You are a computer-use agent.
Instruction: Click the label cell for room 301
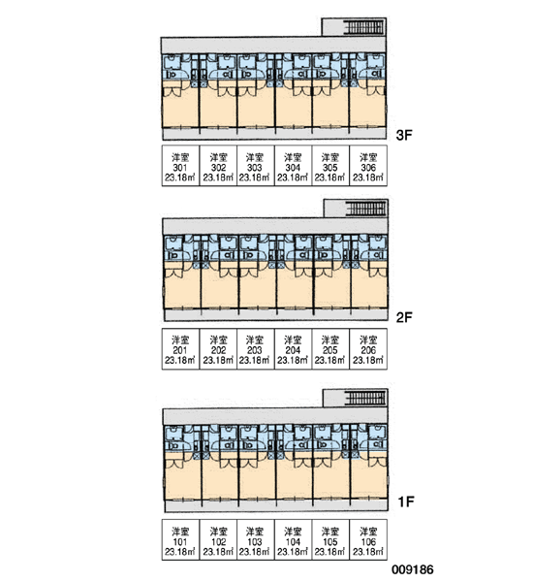(x=180, y=166)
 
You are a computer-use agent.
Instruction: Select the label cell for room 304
(x=293, y=166)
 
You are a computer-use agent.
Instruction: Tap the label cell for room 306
(x=368, y=166)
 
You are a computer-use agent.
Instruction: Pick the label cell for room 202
(x=218, y=349)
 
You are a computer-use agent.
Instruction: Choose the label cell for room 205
(x=330, y=349)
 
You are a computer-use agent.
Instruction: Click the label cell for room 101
(x=180, y=539)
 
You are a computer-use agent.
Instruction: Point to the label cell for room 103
(x=256, y=539)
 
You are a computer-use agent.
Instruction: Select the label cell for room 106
(x=368, y=539)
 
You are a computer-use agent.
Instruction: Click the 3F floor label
(x=404, y=135)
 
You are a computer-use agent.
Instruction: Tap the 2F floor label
(x=404, y=317)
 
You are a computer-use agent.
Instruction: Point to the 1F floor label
(x=406, y=501)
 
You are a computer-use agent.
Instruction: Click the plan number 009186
(x=413, y=569)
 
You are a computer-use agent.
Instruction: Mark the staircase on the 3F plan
(x=363, y=27)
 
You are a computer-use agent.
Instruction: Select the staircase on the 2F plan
(x=365, y=209)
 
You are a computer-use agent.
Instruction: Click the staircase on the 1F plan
(x=365, y=398)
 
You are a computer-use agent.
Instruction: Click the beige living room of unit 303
(x=256, y=108)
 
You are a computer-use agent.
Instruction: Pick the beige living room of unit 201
(x=182, y=289)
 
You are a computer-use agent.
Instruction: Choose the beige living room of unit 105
(x=331, y=479)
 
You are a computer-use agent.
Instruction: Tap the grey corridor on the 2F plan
(x=275, y=226)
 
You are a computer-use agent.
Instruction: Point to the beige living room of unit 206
(x=368, y=289)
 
